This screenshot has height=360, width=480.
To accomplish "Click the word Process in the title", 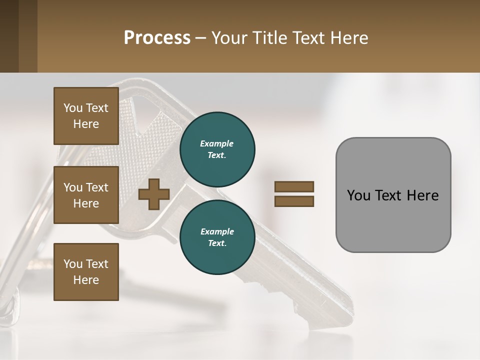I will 157,37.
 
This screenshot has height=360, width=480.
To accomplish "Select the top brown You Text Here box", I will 86,116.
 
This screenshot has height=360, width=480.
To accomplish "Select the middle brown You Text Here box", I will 86,195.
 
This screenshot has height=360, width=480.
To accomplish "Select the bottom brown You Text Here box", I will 86,272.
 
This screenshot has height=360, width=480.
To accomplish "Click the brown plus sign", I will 154,194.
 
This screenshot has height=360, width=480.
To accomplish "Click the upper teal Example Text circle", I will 217,149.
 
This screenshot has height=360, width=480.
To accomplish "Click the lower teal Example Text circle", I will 217,237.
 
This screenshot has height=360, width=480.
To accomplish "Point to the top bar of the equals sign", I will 294,186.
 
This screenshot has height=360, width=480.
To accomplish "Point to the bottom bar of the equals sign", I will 294,201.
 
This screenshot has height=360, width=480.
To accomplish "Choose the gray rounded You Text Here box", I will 393,195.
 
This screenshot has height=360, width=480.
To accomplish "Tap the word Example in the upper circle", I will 216,143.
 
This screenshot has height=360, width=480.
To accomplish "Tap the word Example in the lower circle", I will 216,231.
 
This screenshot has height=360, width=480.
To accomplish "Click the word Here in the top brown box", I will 86,124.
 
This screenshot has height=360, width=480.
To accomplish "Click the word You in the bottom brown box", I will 73,264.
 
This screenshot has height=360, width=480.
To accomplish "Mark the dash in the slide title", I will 200,38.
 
